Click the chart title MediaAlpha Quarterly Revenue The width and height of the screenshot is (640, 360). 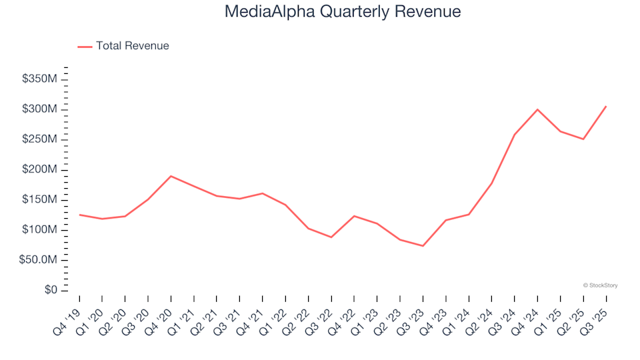(343, 12)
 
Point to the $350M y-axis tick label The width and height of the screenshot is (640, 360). (40, 79)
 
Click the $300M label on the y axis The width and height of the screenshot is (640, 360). (40, 109)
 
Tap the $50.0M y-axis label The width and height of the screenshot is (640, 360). (40, 260)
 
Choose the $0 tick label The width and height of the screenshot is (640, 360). (50, 290)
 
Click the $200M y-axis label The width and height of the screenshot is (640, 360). (40, 170)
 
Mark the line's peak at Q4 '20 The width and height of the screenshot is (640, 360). (171, 176)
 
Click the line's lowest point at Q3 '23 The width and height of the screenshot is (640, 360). (423, 246)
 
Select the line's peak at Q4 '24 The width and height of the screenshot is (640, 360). (537, 109)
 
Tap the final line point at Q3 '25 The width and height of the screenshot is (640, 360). (606, 106)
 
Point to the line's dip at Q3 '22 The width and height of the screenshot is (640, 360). (331, 237)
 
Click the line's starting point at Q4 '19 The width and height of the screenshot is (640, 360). (80, 215)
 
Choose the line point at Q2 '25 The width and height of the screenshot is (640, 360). (583, 139)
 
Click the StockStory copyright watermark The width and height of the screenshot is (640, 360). (600, 285)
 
